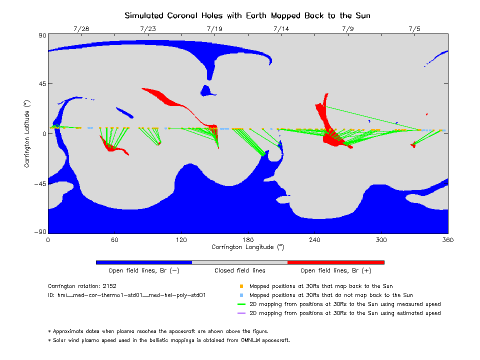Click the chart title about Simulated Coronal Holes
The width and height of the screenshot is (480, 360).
coord(247,15)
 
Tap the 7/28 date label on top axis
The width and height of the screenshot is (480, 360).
coord(81,29)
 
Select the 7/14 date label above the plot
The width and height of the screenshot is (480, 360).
coord(281,29)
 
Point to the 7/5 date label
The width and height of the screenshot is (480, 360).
coord(414,29)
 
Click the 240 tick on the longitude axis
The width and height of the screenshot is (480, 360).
coord(314,240)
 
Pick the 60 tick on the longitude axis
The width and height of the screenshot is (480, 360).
coord(114,240)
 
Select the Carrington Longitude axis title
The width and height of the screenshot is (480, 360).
coord(247,247)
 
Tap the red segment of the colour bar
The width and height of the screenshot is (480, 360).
coord(335,262)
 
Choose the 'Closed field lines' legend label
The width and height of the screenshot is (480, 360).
coord(240,271)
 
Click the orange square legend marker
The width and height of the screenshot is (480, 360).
coord(241,286)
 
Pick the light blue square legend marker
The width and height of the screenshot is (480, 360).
coord(241,295)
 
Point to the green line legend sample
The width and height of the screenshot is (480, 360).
coord(241,304)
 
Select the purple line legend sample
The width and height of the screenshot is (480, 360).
coord(241,313)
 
